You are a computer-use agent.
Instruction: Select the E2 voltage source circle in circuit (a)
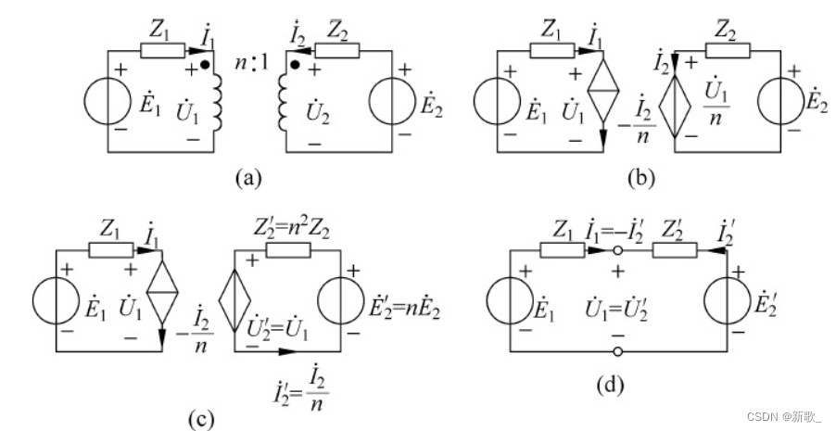coord(396,101)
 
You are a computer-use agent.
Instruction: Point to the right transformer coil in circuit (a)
coord(283,101)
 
